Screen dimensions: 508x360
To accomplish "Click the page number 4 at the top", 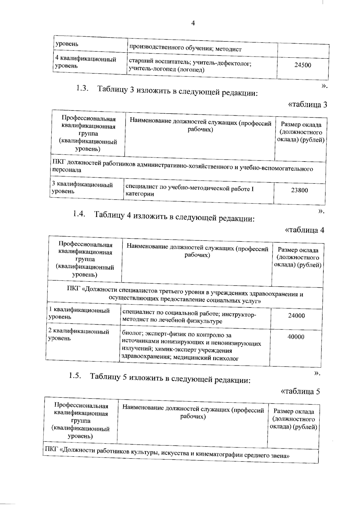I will pos(193,23).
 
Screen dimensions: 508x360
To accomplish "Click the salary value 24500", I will pos(303,65).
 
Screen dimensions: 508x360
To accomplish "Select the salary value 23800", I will pos(299,190).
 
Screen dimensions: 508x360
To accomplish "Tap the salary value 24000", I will pos(296,316).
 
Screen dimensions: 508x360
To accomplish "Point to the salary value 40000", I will pos(296,337).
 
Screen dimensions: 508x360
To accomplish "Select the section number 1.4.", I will pos(79,214).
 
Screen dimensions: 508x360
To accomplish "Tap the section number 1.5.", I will pos(75,376).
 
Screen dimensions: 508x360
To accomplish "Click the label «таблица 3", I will pos(307,105).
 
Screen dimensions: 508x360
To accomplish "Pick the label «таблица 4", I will pos(304,230).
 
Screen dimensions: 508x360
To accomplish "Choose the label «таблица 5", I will pos(300,391).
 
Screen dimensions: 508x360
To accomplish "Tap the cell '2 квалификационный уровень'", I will pos(79,335).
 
